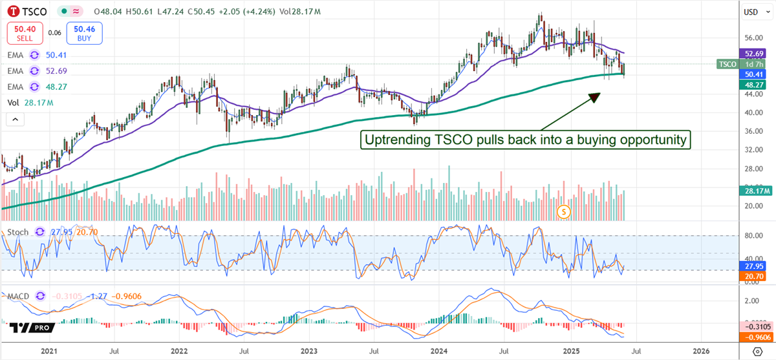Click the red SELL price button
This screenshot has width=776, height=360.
(25, 32)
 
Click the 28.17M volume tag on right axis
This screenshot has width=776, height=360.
(754, 190)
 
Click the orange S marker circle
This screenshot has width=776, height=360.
(564, 211)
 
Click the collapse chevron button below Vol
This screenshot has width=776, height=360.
(14, 119)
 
